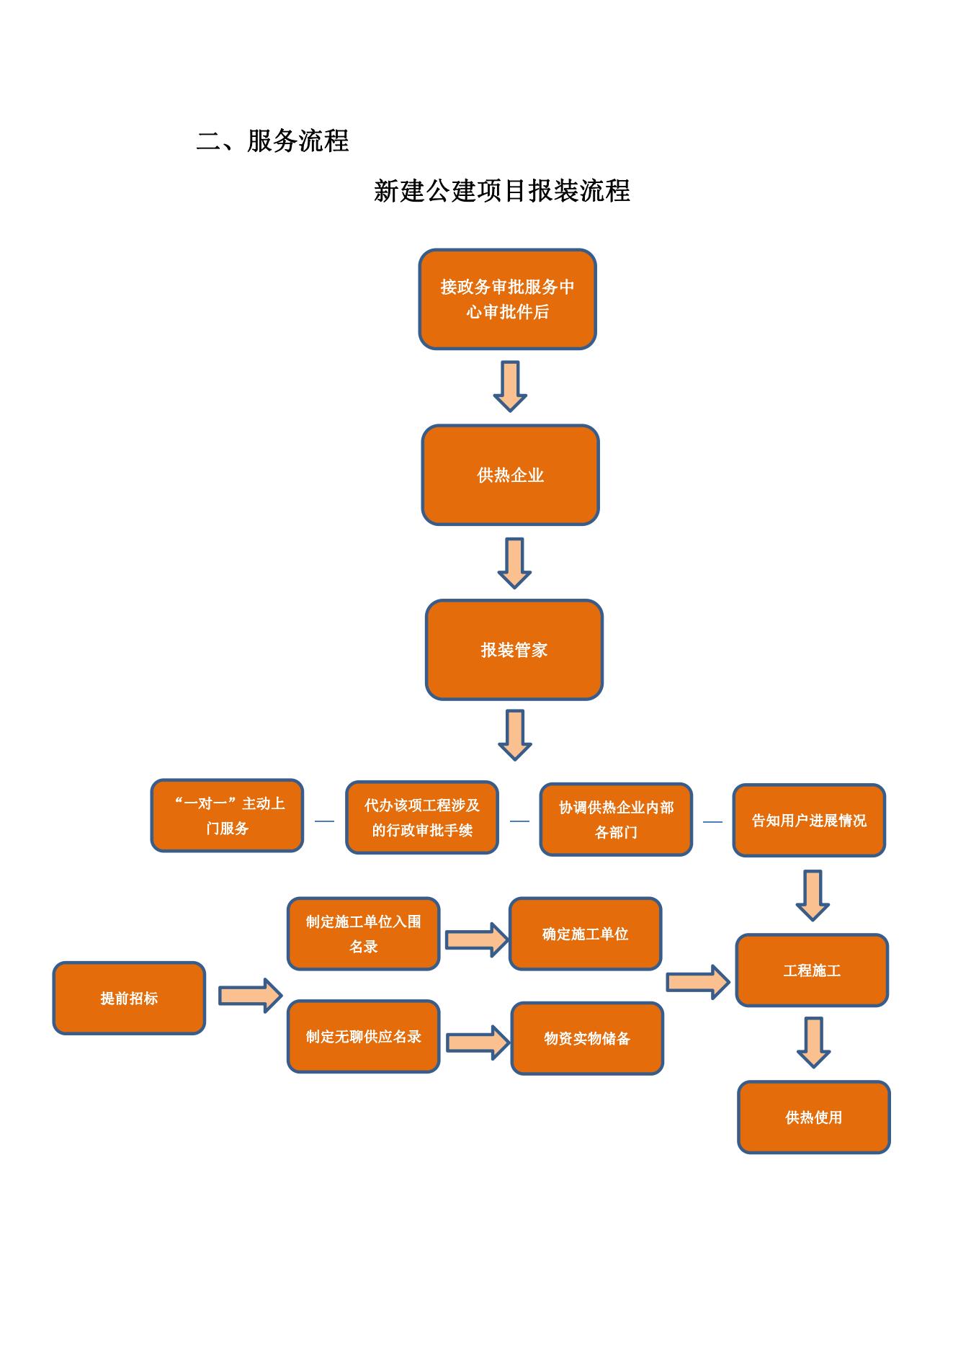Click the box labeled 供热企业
[510, 475]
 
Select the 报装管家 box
[514, 650]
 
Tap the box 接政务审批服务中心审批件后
[507, 299]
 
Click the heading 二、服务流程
[272, 140]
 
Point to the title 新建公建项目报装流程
[502, 191]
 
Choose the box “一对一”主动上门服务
[227, 816]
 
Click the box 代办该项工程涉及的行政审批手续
[421, 818]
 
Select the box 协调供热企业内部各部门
[616, 820]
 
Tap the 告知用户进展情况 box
[809, 821]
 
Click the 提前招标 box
[129, 998]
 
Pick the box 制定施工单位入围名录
[363, 934]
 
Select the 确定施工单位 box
[585, 934]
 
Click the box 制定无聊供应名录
[363, 1037]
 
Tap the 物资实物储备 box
[587, 1038]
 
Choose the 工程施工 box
[812, 970]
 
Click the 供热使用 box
[814, 1117]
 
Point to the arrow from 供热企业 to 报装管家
[514, 563]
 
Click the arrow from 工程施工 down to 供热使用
[813, 1042]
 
